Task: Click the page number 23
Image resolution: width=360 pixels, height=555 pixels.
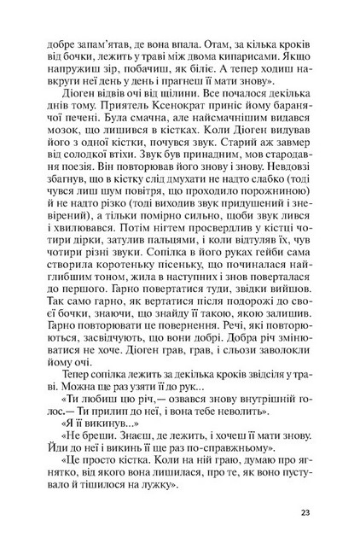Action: [x=305, y=513]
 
